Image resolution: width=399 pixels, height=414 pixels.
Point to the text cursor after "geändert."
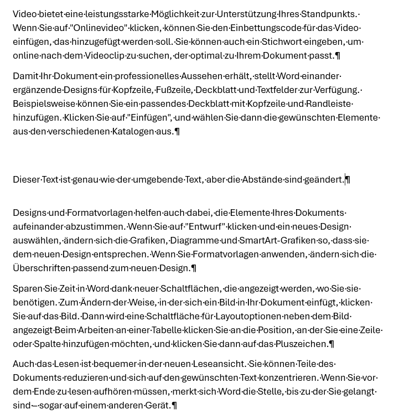[x=345, y=179]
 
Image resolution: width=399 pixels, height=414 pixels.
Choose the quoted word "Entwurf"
[x=204, y=226]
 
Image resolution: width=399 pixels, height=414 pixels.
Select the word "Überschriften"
[x=42, y=268]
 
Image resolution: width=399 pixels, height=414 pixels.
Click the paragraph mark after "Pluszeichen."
[x=331, y=344]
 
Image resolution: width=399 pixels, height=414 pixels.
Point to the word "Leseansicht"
[x=219, y=364]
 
